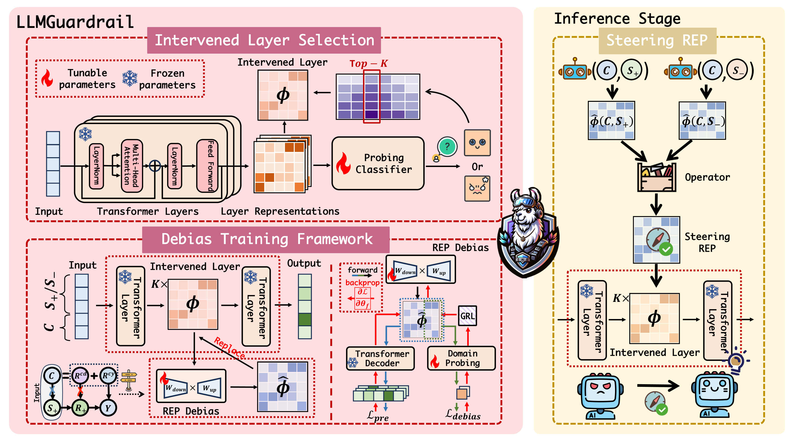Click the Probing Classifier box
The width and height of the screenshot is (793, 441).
[x=378, y=163]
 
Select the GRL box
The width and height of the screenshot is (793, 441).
[x=467, y=316]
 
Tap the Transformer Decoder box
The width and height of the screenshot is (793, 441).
[x=380, y=358]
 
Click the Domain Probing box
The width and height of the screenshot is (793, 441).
[x=461, y=358]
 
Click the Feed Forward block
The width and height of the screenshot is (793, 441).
[x=207, y=166]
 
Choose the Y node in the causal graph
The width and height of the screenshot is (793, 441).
[x=108, y=408]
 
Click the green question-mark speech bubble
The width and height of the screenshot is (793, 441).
[x=447, y=146]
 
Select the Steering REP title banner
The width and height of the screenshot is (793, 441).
[x=657, y=41]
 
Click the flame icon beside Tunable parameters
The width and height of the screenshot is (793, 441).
[x=47, y=78]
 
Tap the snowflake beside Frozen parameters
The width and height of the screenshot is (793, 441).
[x=129, y=78]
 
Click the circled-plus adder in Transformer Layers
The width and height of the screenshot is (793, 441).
[x=155, y=166]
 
